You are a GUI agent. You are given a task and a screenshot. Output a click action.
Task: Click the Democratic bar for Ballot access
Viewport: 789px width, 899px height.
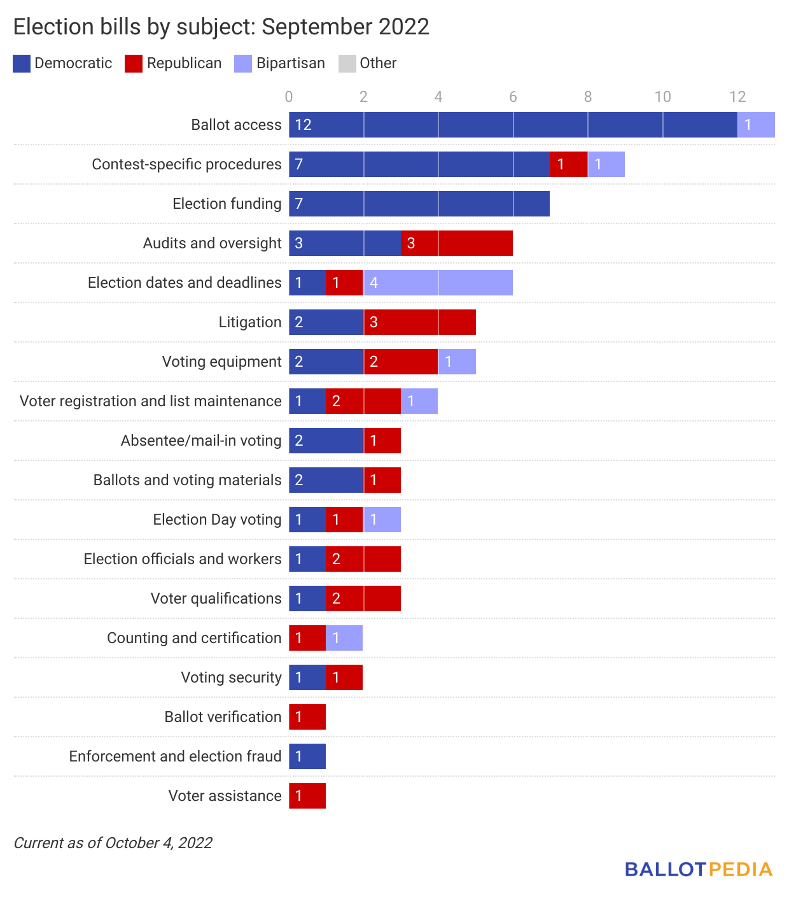click(513, 125)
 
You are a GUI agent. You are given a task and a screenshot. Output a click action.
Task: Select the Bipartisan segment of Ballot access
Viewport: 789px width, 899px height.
click(756, 125)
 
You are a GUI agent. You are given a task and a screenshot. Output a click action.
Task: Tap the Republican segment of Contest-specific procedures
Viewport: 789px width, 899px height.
click(569, 164)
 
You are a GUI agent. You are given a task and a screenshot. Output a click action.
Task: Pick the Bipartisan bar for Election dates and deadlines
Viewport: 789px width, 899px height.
click(438, 283)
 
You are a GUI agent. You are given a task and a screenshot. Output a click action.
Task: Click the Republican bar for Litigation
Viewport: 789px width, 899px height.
click(420, 322)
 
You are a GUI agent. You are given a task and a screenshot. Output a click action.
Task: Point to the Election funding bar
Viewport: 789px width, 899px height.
click(419, 204)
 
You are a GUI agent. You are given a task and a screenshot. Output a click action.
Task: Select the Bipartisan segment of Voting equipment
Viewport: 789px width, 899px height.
click(457, 362)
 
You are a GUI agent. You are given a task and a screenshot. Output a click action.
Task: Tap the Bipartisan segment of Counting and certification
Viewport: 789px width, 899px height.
click(344, 638)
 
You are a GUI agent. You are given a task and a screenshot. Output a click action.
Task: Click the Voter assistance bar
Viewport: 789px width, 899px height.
click(307, 796)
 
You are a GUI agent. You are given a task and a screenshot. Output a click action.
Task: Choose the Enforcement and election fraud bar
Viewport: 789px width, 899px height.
click(307, 756)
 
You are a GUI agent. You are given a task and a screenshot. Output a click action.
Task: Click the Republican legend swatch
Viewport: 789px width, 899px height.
click(134, 64)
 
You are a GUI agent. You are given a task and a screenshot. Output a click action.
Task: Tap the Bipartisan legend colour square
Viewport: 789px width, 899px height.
click(243, 64)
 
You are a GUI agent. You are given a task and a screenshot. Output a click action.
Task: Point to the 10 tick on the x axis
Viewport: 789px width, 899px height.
click(662, 97)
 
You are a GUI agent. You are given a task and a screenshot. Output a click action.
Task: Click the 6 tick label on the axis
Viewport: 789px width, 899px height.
click(513, 97)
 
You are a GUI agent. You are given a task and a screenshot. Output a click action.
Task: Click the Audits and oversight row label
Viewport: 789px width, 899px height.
click(212, 243)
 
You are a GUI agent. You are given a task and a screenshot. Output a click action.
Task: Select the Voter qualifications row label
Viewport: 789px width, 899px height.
click(216, 598)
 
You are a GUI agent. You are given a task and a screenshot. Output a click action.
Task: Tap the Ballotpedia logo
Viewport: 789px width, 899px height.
click(698, 869)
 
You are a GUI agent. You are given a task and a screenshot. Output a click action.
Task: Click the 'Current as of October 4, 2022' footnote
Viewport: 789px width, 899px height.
click(113, 843)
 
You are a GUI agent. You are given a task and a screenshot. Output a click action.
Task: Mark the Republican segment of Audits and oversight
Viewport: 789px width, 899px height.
click(457, 243)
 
